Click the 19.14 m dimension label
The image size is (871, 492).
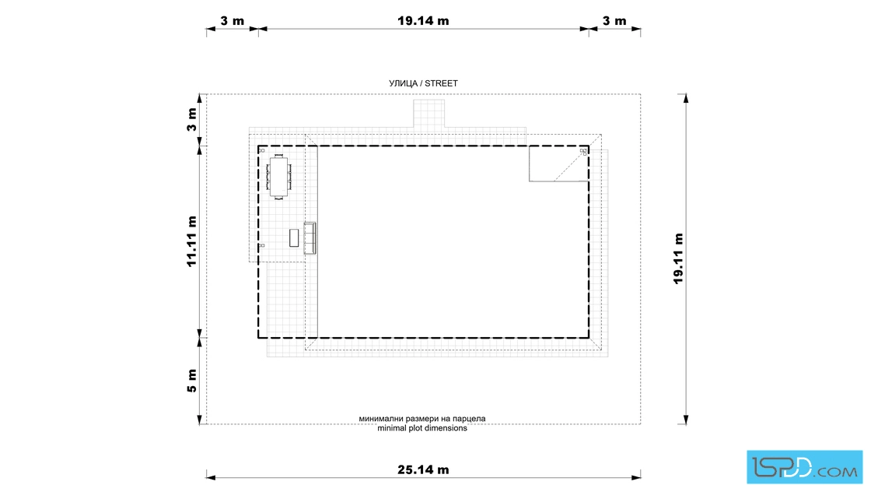[x=423, y=20]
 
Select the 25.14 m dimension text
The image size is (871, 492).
[x=423, y=469]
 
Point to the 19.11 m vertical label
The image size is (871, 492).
[x=678, y=258]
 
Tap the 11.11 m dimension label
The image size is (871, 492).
[x=191, y=241]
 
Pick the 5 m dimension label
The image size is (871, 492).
[x=191, y=381]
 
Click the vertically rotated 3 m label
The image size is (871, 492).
[x=191, y=120]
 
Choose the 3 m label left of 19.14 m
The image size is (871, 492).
[x=233, y=20]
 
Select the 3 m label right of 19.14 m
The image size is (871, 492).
[x=614, y=20]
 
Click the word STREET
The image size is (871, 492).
[x=441, y=83]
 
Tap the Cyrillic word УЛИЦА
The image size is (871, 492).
[x=404, y=83]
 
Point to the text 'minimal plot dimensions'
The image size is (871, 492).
[x=422, y=428]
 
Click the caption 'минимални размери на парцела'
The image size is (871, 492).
[x=422, y=419]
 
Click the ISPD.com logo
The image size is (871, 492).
[x=804, y=467]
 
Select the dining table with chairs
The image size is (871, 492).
[x=279, y=177]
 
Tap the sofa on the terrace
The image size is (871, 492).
[x=310, y=238]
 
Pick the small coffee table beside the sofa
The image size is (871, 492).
[x=294, y=238]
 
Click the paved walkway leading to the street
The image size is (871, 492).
[x=429, y=114]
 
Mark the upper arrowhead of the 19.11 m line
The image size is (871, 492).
[x=686, y=98]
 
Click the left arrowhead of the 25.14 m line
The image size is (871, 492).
[x=211, y=476]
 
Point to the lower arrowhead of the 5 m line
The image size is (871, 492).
[x=200, y=420]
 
